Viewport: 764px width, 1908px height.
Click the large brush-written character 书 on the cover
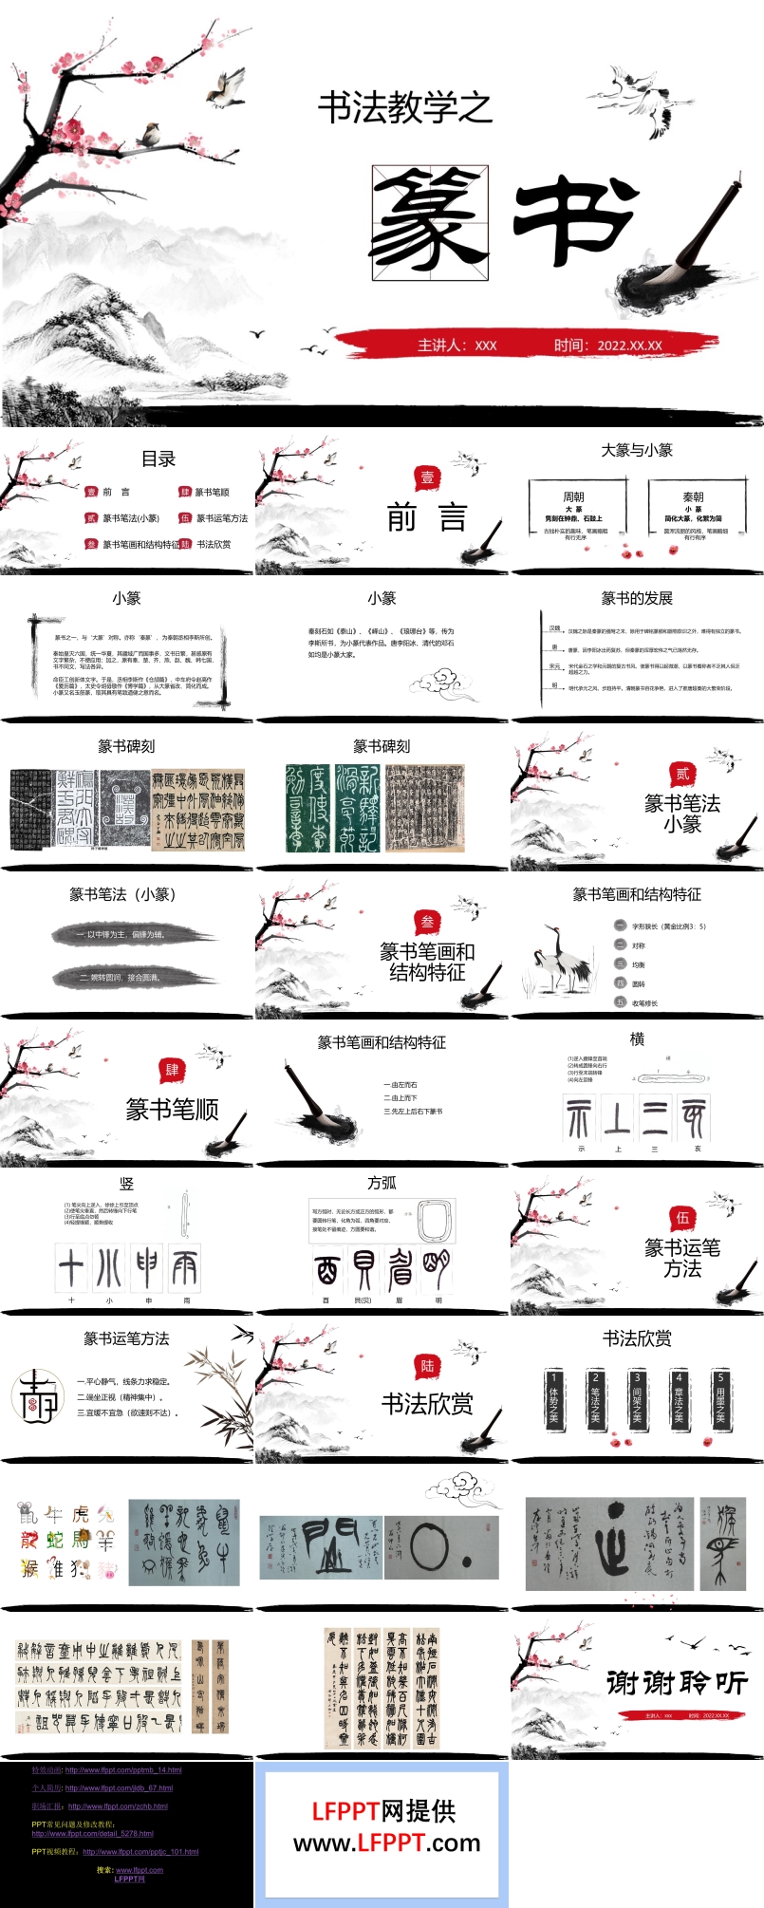573,220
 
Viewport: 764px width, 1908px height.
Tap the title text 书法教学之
405,107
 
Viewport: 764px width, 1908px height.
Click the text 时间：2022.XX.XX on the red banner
607,346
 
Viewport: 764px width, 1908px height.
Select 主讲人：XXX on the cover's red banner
457,346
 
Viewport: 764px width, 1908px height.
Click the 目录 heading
158,459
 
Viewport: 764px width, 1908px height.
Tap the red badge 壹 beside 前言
427,478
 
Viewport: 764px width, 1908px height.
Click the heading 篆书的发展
637,598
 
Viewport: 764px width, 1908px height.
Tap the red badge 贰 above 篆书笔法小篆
681,773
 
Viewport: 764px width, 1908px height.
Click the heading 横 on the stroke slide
637,1039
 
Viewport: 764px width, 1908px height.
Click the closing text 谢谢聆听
677,1683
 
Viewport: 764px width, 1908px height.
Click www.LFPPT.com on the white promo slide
386,1843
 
